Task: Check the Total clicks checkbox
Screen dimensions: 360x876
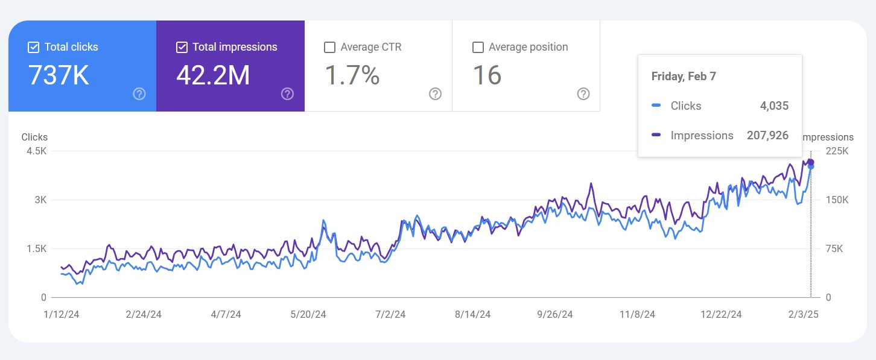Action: click(x=34, y=47)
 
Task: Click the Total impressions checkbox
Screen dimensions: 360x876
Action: click(x=182, y=47)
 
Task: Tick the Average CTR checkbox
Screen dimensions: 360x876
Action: click(x=330, y=47)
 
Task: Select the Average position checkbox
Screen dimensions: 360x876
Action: click(x=478, y=47)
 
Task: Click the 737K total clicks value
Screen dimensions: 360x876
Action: click(x=59, y=75)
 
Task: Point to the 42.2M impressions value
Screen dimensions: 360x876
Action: click(x=213, y=75)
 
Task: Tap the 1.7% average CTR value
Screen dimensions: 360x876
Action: click(x=352, y=75)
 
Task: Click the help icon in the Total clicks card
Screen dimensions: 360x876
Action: click(x=139, y=93)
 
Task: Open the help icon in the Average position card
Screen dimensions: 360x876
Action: click(x=583, y=93)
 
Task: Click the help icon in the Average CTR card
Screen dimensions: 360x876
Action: click(x=435, y=93)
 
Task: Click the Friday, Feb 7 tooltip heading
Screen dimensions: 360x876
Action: click(x=684, y=77)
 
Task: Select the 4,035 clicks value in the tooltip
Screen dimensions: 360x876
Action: click(x=774, y=106)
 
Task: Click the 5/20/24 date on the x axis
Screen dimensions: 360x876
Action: click(x=308, y=314)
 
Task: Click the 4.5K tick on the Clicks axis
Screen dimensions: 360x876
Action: click(x=37, y=151)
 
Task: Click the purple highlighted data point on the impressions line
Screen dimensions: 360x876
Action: click(x=811, y=162)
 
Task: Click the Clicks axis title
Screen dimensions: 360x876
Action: click(x=34, y=137)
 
